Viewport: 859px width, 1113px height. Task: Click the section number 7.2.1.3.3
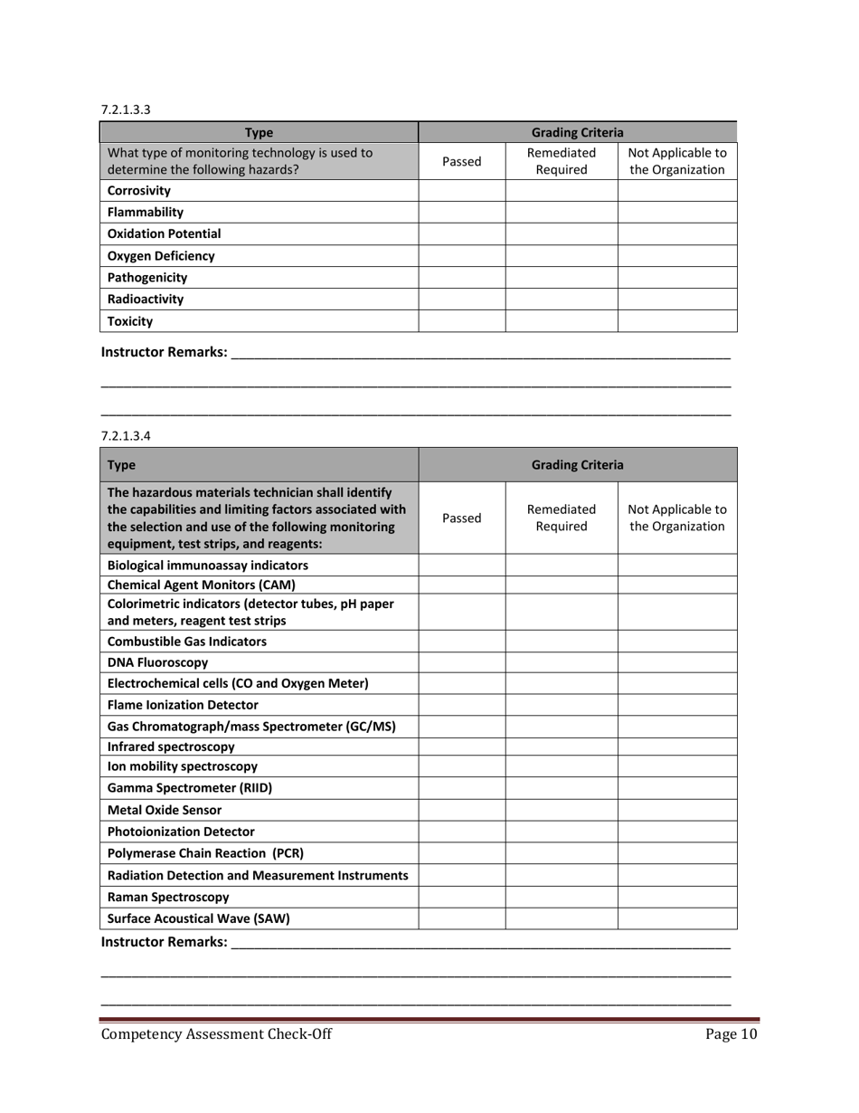click(x=126, y=109)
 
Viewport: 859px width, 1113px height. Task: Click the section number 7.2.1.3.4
click(x=126, y=435)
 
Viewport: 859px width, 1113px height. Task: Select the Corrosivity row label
click(x=138, y=191)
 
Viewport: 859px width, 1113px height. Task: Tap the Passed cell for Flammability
click(x=461, y=213)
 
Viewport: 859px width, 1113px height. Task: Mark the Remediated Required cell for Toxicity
click(x=561, y=321)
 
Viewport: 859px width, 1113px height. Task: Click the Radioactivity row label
click(x=145, y=300)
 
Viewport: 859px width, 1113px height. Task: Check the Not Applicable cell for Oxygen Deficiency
click(x=676, y=256)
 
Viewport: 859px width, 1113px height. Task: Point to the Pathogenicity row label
click(x=147, y=278)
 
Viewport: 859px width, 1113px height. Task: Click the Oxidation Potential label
click(x=164, y=233)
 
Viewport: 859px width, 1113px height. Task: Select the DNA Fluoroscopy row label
click(x=157, y=662)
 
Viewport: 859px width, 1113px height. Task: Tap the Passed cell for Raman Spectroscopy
click(x=461, y=898)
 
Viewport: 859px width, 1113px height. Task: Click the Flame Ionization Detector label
click(x=183, y=705)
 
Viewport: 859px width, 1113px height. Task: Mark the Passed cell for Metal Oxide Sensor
click(x=461, y=810)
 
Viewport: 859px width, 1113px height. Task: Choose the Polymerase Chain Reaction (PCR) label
click(x=205, y=853)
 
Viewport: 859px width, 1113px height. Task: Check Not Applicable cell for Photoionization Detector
click(x=676, y=832)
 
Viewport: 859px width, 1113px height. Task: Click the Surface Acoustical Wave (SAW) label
click(x=198, y=919)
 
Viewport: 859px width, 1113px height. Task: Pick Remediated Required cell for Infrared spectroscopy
click(x=561, y=747)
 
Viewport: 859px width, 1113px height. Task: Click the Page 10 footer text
click(x=731, y=1035)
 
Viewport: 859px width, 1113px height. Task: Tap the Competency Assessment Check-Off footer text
click(x=216, y=1035)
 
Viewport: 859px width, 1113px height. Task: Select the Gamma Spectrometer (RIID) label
click(x=189, y=788)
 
